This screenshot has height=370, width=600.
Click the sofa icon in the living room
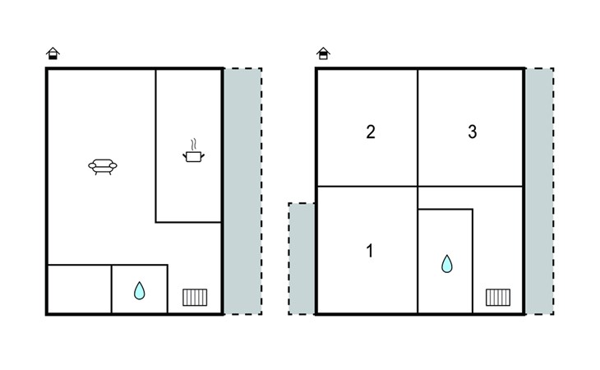[x=103, y=167]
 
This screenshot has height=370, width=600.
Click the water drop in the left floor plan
[x=139, y=290]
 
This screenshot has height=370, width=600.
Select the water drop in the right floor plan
[x=446, y=264]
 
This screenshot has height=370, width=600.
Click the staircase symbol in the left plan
[x=195, y=298]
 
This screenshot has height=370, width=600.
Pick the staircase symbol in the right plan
[x=498, y=298]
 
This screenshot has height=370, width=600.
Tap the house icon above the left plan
[x=53, y=53]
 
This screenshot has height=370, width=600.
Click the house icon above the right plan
[x=323, y=53]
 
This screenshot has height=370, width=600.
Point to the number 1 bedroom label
[x=369, y=251]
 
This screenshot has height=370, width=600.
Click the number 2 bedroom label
[x=371, y=132]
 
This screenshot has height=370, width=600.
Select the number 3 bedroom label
[x=473, y=132]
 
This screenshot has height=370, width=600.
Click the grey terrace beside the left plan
[x=243, y=192]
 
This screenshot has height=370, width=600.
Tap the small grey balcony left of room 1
[x=302, y=259]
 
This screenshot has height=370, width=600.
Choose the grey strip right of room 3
[x=539, y=192]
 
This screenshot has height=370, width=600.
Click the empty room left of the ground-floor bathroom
[x=79, y=289]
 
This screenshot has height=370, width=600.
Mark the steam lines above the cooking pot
[x=195, y=144]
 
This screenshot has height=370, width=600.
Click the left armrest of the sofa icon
[x=92, y=165]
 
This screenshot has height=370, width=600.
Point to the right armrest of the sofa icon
[x=113, y=165]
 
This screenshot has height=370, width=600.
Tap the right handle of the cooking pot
[x=202, y=155]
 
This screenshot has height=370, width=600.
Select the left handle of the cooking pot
[x=185, y=155]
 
